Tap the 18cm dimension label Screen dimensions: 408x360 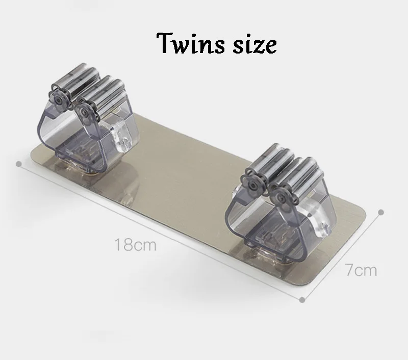tap(135, 245)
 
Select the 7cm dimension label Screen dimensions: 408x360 tap(361, 270)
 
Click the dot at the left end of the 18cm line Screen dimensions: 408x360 tap(18, 164)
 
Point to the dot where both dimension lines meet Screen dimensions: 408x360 tap(302, 300)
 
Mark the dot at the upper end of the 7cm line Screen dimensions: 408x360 tap(381, 212)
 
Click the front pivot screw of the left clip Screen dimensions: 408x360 tap(85, 112)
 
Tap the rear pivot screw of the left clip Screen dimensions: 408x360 tap(57, 99)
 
